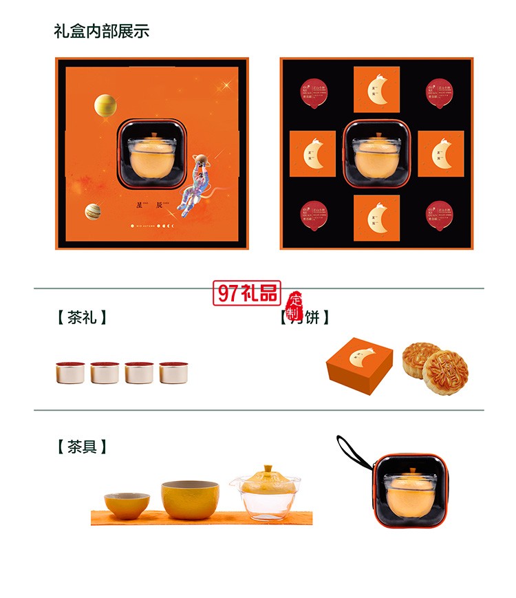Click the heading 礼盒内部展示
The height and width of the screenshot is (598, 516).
[x=101, y=31]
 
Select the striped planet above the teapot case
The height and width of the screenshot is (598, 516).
[x=105, y=105]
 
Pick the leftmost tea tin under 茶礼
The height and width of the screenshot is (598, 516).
[x=70, y=372]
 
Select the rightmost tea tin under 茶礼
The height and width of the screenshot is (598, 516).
[x=173, y=372]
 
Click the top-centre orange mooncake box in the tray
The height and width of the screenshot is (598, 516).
[x=376, y=89]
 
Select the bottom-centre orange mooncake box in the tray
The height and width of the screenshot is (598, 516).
[x=376, y=217]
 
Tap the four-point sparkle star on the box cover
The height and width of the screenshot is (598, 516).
[x=224, y=86]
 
